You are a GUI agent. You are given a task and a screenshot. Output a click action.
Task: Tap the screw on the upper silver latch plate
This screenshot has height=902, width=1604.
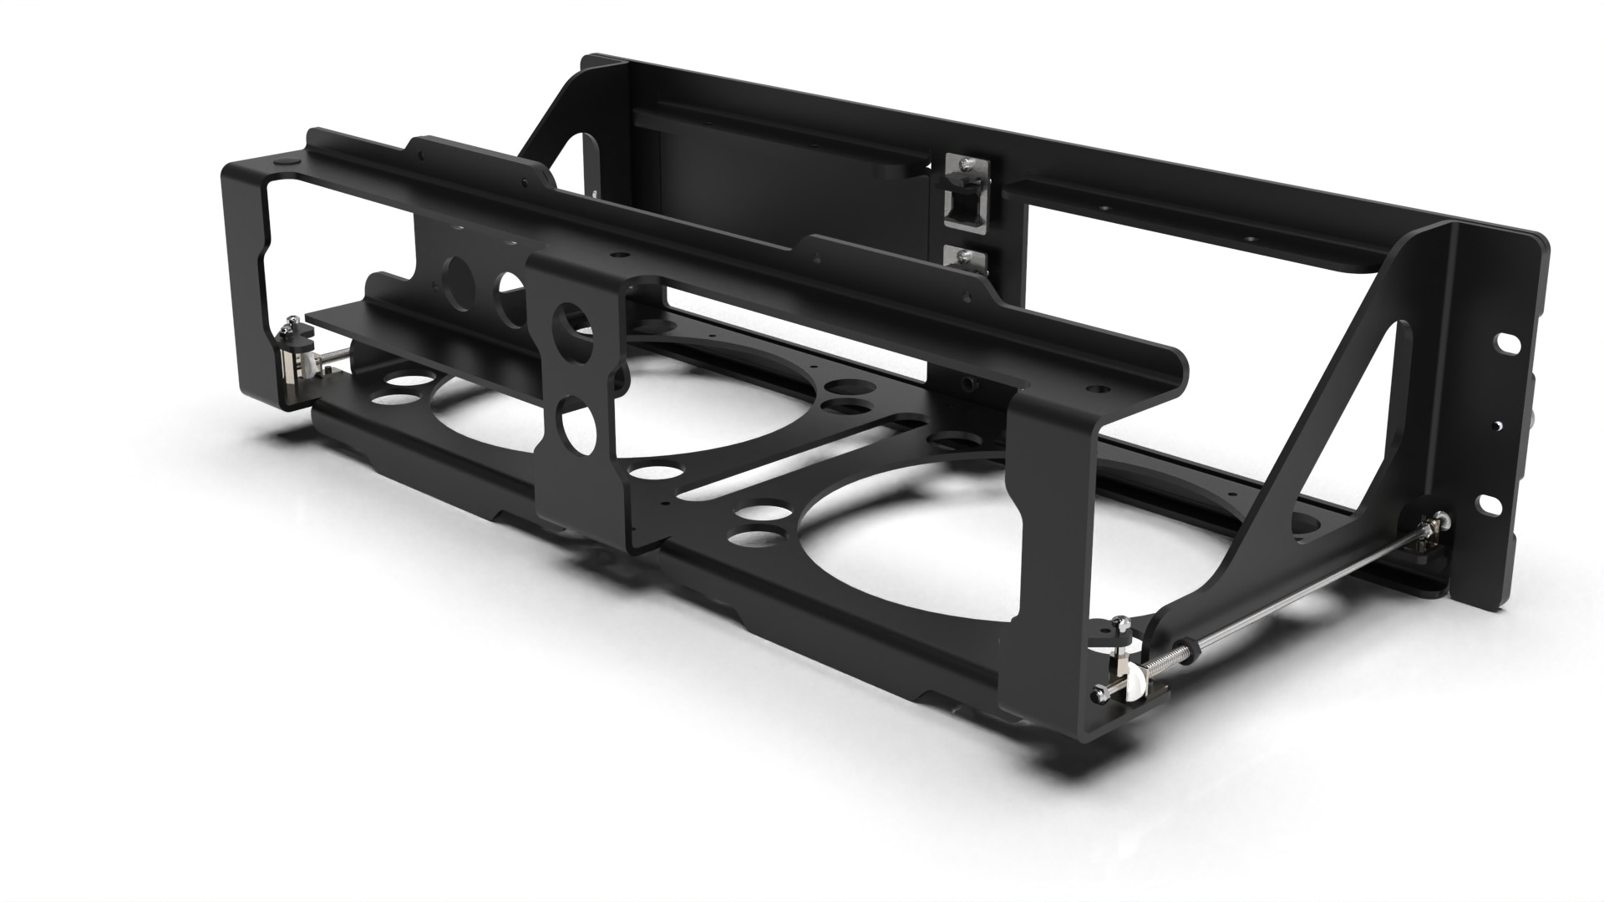pyautogui.click(x=967, y=165)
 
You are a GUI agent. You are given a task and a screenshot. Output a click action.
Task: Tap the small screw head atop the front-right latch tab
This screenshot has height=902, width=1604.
pyautogui.click(x=1124, y=623)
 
